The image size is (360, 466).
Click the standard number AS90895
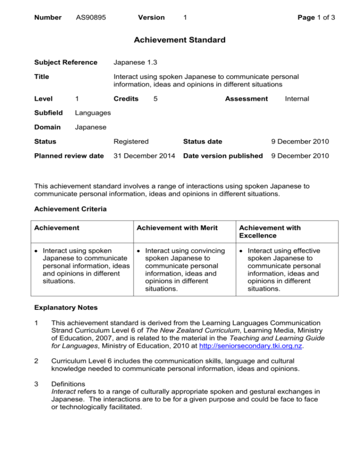[91, 17]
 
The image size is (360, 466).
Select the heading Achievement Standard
[180, 40]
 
